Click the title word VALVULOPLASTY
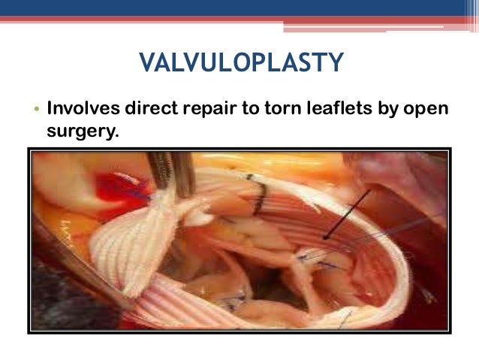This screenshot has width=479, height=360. point(241,62)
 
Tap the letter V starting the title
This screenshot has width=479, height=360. point(146,62)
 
